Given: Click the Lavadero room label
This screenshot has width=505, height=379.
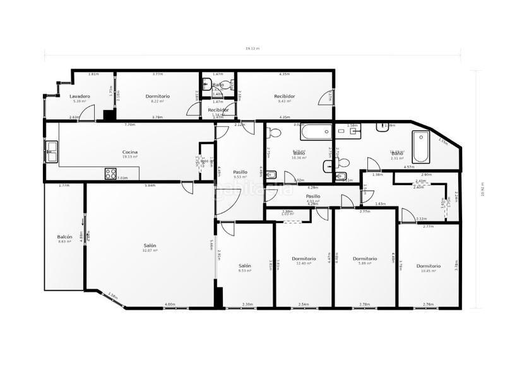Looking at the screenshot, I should pos(80,96).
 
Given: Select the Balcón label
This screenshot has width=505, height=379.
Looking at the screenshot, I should pos(65,237).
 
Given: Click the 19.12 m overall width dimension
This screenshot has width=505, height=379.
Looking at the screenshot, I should pos(252,49).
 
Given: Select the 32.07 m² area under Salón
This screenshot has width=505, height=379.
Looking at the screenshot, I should pos(150,251).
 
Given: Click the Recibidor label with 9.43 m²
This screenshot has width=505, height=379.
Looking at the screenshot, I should pos(285,96).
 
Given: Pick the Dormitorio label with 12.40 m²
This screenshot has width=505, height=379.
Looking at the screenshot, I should pos(304,258).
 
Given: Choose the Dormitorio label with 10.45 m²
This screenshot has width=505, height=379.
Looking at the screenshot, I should pos(429,266).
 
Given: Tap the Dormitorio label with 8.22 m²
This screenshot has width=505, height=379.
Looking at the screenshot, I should pos(158,96).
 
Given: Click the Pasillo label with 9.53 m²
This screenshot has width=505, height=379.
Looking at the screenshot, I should pos(240,172).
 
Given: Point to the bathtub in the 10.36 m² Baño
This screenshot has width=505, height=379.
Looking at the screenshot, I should pos(314,133).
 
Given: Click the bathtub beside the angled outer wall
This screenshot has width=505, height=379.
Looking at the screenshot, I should pos(421,147).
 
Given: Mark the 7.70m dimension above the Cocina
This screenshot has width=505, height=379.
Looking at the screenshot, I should pos(130,124).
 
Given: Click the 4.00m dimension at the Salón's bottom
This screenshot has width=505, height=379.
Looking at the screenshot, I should pos(170,305).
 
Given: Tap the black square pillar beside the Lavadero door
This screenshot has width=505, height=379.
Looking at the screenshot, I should pos(108,116).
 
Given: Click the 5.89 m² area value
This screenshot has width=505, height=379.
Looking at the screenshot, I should pos(365,263).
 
